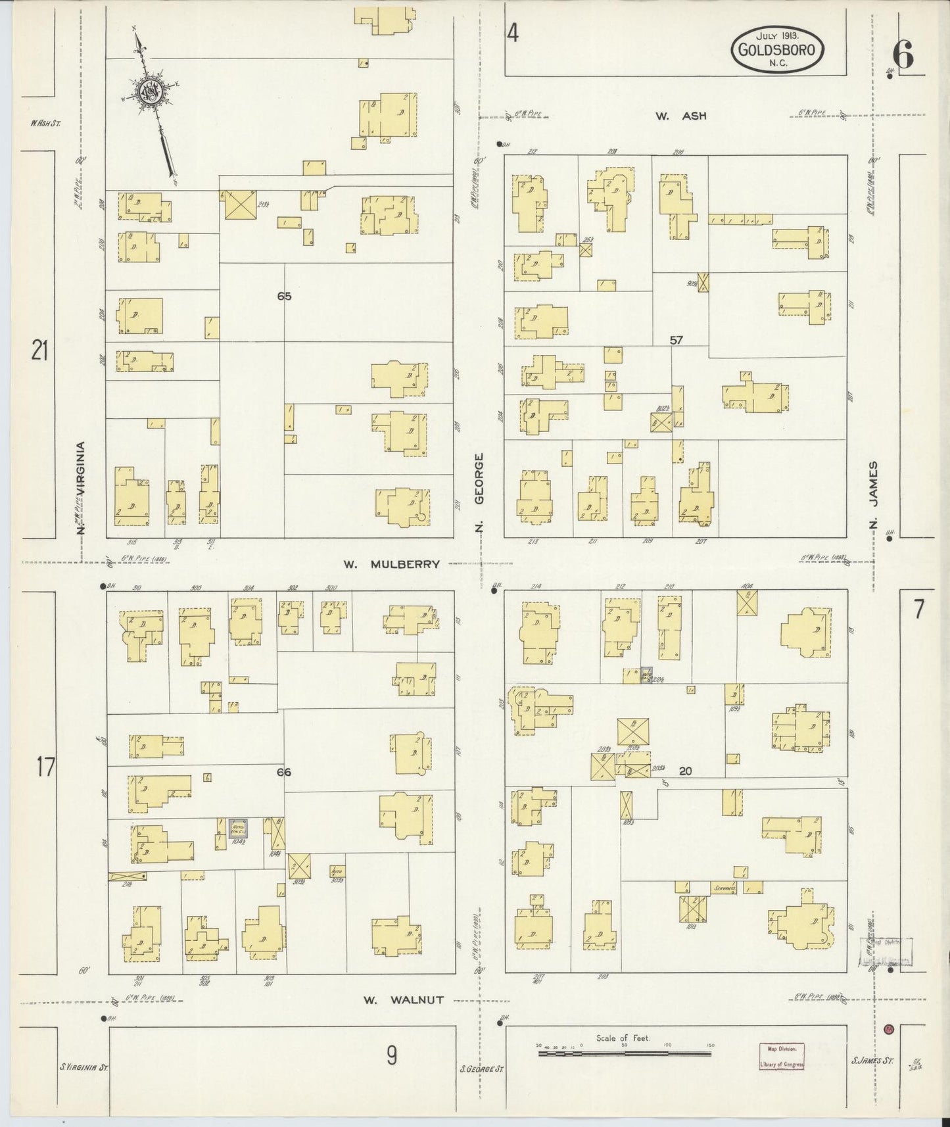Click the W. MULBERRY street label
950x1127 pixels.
pos(391,563)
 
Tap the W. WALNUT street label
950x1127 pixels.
pos(404,999)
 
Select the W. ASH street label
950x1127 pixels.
pos(680,116)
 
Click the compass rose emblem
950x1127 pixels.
pos(149,92)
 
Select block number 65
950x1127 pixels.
pos(284,297)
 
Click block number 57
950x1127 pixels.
pos(677,340)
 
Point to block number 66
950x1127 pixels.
pos(284,772)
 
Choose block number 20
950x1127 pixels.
pos(685,771)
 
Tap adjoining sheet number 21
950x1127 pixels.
pos(40,352)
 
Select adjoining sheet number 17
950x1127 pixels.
pos(45,767)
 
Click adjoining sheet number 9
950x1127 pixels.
pos(391,1055)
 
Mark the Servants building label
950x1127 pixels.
pos(723,888)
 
